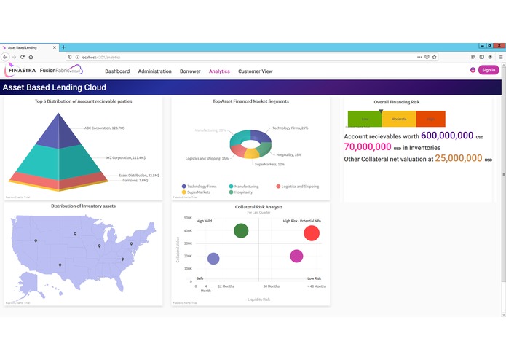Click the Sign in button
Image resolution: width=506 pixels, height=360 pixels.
click(x=489, y=70)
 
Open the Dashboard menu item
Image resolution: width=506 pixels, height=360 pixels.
click(x=117, y=71)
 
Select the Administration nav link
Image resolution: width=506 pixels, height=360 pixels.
click(x=154, y=71)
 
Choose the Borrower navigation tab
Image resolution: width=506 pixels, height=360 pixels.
click(x=190, y=71)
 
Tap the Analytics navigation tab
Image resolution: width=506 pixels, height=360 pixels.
click(x=219, y=71)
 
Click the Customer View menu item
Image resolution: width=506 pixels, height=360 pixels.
click(x=256, y=71)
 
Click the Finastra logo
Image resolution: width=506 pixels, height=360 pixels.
click(x=20, y=70)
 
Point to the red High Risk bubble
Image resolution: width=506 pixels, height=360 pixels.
click(x=312, y=233)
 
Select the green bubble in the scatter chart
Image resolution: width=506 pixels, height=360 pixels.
click(x=241, y=231)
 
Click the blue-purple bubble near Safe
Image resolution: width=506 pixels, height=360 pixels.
click(x=213, y=259)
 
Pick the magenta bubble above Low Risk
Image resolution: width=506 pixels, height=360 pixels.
click(x=296, y=256)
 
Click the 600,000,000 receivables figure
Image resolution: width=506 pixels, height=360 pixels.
click(x=446, y=136)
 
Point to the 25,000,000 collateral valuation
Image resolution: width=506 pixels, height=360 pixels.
click(x=458, y=158)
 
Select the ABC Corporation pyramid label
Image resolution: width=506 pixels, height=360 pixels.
click(x=104, y=128)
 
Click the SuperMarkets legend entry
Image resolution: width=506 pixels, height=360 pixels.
click(x=198, y=192)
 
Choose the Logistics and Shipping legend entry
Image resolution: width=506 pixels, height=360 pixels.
click(x=300, y=187)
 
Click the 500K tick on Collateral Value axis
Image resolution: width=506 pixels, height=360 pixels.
click(x=188, y=218)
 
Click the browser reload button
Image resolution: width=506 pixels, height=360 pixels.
click(x=22, y=57)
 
